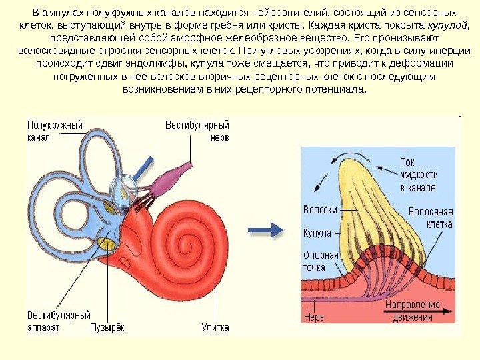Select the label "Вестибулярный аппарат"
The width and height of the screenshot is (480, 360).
[x=58, y=321]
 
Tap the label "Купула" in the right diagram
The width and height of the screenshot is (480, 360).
[x=317, y=235]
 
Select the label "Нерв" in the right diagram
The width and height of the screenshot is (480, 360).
[x=313, y=317]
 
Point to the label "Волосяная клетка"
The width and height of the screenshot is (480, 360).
[x=430, y=218]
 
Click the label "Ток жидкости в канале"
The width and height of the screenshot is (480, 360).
[x=418, y=175]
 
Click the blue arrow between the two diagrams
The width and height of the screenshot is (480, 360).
[x=265, y=231]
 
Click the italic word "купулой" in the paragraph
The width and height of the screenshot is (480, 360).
[x=445, y=25]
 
